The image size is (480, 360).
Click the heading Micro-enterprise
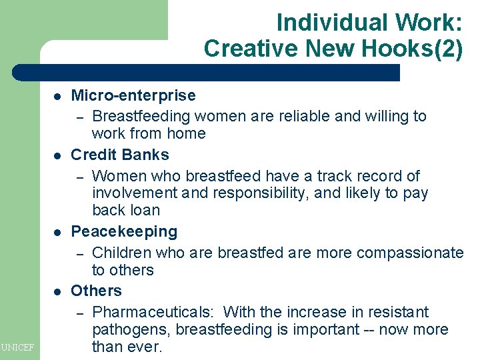(x=133, y=96)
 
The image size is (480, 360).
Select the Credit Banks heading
(x=120, y=155)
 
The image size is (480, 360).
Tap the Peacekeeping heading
(x=124, y=231)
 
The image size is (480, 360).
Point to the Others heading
(x=97, y=291)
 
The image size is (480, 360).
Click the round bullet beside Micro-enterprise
(x=57, y=97)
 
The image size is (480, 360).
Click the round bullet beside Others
(x=57, y=291)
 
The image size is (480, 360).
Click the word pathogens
(x=127, y=329)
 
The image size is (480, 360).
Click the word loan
(x=145, y=210)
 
